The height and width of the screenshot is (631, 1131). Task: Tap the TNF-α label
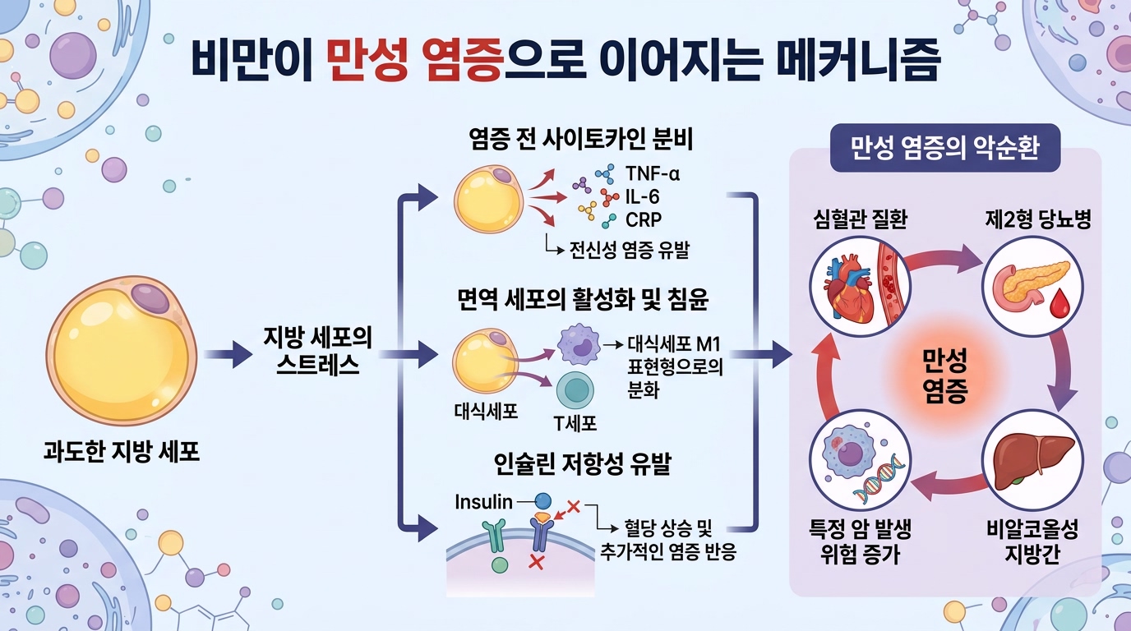tap(653, 173)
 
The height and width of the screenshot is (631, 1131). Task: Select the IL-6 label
tap(642, 196)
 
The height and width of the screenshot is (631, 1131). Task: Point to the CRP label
tap(644, 219)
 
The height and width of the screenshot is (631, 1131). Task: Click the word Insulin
tap(483, 502)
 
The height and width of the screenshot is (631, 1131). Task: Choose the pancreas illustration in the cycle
tap(1030, 283)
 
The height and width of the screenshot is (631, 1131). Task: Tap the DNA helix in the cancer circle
tap(879, 480)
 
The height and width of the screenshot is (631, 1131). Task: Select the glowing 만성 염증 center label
tap(944, 375)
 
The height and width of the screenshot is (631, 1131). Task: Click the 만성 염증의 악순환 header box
tap(945, 148)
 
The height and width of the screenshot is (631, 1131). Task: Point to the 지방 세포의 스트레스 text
tap(317, 351)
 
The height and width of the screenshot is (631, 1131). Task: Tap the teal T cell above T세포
tap(575, 391)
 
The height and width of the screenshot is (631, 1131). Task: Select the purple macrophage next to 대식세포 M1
tap(579, 345)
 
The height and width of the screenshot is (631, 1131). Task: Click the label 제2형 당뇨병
tap(1038, 219)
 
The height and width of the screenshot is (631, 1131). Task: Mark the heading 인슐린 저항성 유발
tap(582, 464)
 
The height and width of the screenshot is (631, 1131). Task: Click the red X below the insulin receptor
tap(536, 561)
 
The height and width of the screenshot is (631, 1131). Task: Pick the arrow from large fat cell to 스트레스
tap(229, 354)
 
